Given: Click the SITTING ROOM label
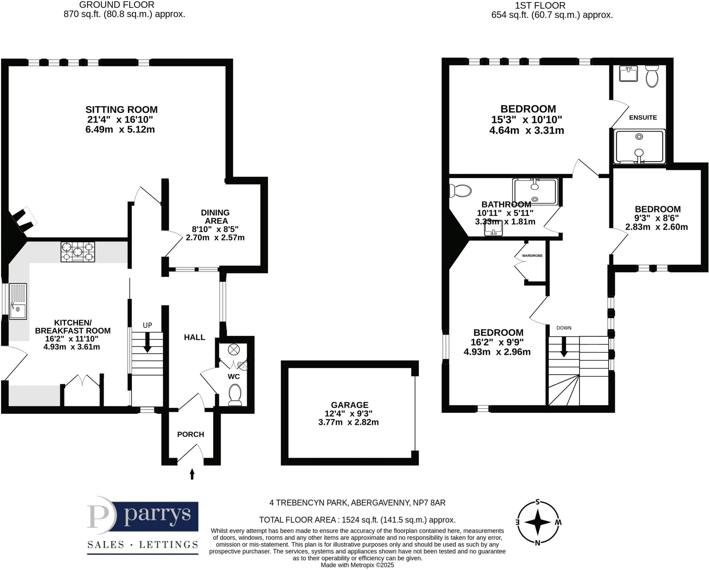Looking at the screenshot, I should tap(122, 109).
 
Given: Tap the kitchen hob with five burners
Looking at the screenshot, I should tap(78, 252).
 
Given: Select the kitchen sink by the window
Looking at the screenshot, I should tap(18, 301).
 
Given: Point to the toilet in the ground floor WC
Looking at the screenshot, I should tap(235, 395).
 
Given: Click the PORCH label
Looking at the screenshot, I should tap(190, 434).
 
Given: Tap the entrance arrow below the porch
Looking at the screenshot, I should tap(192, 474).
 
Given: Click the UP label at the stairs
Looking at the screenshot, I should tap(147, 325).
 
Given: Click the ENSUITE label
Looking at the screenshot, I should tap(643, 117).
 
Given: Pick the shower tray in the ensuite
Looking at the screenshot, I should tap(639, 146).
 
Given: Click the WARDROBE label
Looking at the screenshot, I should tap(532, 256).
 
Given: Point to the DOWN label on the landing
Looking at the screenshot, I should tap(564, 328).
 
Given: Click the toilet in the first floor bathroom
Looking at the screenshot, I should tap(460, 191).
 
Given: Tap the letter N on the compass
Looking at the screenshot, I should tap(537, 543).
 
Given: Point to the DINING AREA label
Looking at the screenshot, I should tap(215, 217).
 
